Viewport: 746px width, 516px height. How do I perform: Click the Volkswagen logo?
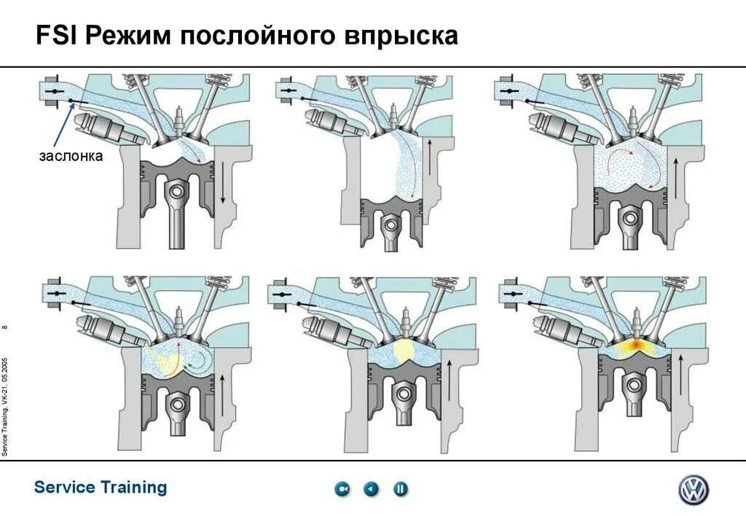(x=693, y=490)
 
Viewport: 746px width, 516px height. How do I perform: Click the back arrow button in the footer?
(x=372, y=489)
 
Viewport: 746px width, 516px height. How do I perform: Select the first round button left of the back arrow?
(x=342, y=489)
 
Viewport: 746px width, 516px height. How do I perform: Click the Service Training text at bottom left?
(x=101, y=488)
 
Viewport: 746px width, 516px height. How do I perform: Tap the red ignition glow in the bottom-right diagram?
(x=634, y=345)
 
